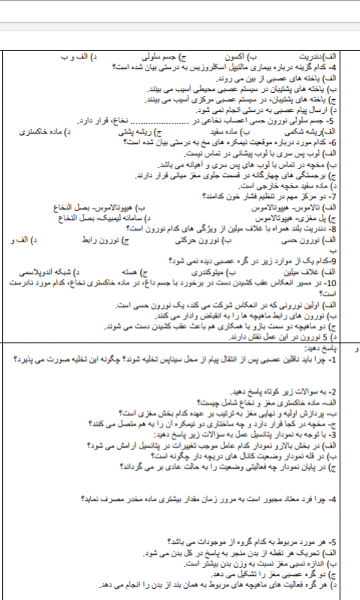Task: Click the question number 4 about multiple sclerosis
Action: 346,66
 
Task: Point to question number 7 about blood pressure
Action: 346,196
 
